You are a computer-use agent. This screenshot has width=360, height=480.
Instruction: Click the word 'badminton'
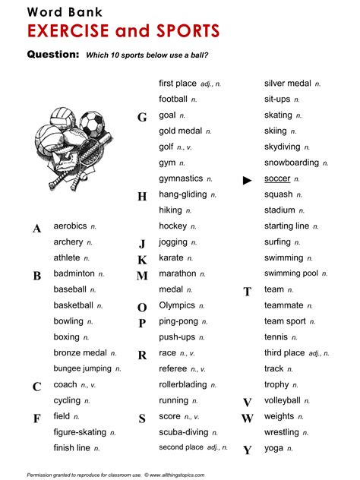tap(74, 273)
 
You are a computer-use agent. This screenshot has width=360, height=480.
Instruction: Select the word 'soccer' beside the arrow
tap(277, 178)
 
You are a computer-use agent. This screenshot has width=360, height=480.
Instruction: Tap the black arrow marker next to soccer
tap(247, 180)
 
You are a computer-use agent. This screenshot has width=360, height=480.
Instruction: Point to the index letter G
tap(142, 118)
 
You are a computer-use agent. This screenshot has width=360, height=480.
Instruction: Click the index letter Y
tap(247, 450)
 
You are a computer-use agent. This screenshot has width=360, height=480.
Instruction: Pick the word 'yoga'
tap(273, 448)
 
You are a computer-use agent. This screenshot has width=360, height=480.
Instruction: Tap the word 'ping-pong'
tap(178, 321)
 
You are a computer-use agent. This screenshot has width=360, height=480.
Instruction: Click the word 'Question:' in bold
tap(53, 55)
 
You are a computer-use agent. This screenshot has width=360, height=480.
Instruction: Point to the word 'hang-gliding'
tap(182, 194)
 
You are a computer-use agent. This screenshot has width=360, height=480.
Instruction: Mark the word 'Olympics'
tap(177, 305)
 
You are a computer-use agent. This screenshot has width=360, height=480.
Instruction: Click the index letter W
tap(247, 418)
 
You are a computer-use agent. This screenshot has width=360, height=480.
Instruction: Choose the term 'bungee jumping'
tap(82, 368)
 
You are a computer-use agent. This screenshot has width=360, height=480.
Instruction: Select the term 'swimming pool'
tap(291, 273)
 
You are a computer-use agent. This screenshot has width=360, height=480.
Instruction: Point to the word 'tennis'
tap(276, 336)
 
